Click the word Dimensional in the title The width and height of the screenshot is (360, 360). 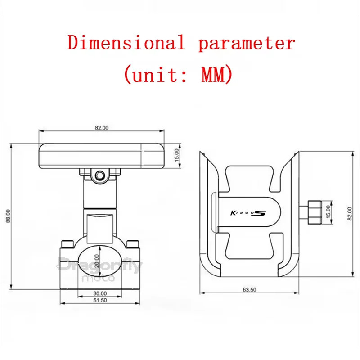coord(126,42)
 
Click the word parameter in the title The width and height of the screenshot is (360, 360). coord(247,43)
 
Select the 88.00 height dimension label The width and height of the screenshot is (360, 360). coord(8,216)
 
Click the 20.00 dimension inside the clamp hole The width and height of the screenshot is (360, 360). coord(97,261)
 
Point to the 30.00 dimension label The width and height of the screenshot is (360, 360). coord(100,293)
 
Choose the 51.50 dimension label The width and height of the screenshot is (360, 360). coord(100,300)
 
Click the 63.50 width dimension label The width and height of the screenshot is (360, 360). coord(249,290)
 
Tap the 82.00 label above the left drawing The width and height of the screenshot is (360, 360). coord(102,128)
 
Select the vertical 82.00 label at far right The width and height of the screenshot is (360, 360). coord(350,213)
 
